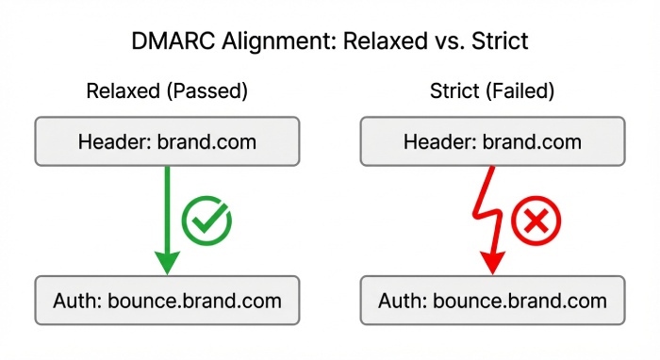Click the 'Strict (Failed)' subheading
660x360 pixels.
[492, 92]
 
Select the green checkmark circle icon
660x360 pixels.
[206, 221]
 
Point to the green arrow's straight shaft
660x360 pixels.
[167, 203]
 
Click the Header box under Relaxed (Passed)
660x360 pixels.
[167, 142]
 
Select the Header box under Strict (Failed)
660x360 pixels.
[493, 142]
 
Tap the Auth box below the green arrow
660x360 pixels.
[167, 301]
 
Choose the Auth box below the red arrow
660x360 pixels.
[493, 301]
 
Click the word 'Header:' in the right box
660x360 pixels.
[437, 142]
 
